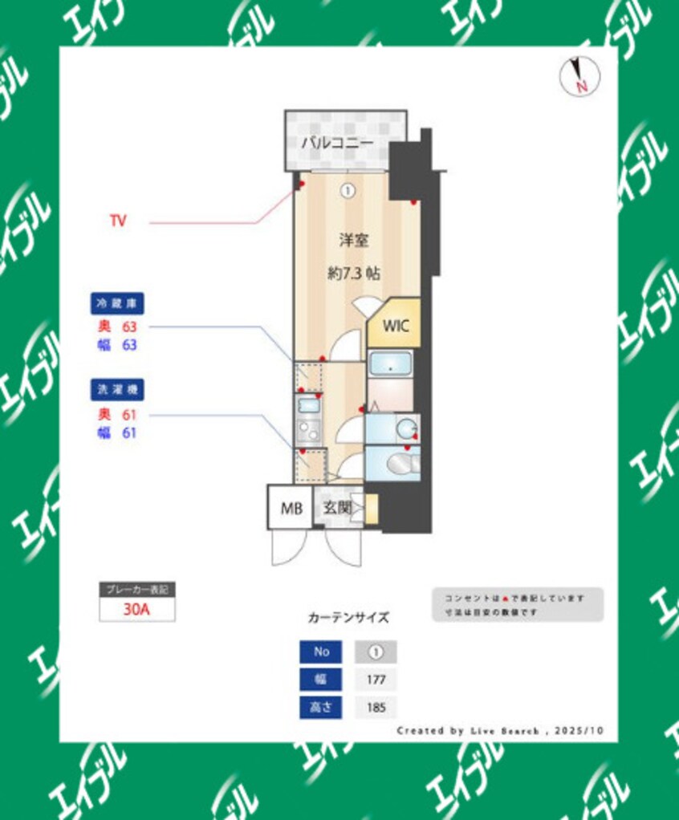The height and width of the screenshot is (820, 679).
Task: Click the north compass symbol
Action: coord(579,77)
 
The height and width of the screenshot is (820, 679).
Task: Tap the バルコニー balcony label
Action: coord(337,144)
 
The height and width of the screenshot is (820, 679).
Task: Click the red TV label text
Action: coord(118,221)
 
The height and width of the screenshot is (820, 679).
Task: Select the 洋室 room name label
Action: coord(353,239)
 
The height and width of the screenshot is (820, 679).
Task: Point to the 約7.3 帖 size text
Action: coord(353,273)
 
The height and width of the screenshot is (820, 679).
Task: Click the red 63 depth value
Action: coord(129,327)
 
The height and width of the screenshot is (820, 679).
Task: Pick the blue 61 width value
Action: coord(129,433)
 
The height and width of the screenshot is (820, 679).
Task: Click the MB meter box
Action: coord(290,508)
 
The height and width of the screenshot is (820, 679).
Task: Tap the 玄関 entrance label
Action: coord(337,507)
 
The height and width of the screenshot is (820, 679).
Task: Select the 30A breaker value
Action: coord(137,609)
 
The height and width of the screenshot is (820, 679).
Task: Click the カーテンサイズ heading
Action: coord(348,618)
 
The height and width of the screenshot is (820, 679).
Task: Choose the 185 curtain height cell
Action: coord(376,708)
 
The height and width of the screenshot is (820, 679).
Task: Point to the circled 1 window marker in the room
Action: coord(348,191)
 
